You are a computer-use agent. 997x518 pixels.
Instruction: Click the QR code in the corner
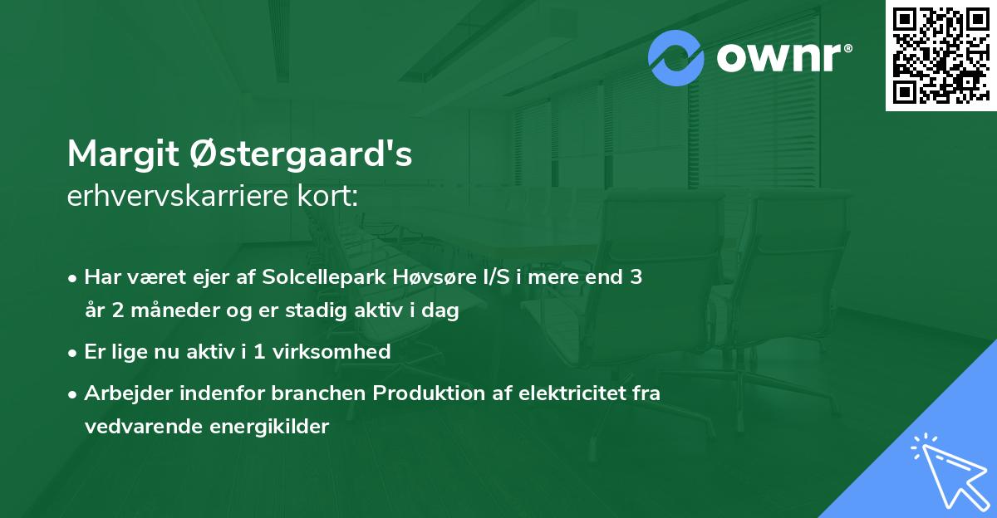click(941, 56)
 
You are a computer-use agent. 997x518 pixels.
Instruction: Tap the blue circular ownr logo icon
click(676, 58)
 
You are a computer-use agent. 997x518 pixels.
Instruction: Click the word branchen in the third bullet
click(328, 393)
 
